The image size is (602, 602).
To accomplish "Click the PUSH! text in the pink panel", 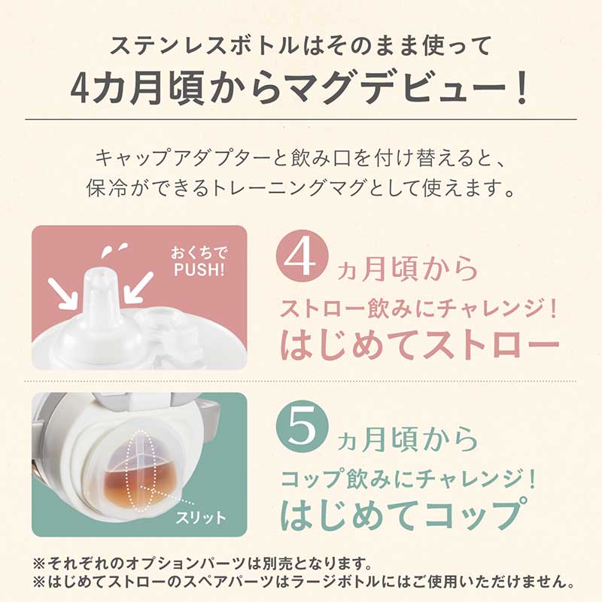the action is coord(199,269).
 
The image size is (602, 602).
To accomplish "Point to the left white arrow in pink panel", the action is coord(62,293).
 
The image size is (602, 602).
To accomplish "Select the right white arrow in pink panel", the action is coord(139,286).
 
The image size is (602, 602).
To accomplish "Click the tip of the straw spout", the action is coord(102,272).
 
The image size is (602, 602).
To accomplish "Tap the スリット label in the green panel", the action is coord(201,518).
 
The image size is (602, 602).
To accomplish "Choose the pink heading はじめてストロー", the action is coord(419,344).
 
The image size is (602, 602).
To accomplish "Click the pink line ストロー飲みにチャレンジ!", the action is coord(418,309).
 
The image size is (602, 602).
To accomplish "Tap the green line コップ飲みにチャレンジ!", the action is coord(408,479).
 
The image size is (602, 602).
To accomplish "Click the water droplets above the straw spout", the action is coord(114,249).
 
